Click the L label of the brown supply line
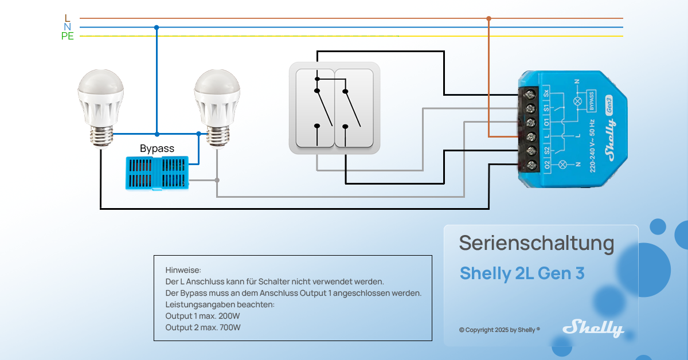tap(68, 18)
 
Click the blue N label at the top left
tap(68, 27)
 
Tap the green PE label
tap(68, 37)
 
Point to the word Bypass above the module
tap(157, 148)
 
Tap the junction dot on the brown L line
tap(488, 18)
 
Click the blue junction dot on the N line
tap(157, 27)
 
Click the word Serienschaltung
tap(536, 243)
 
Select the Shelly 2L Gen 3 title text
tap(522, 273)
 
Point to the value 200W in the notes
tap(229, 316)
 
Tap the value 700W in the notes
tap(229, 327)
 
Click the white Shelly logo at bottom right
tap(593, 328)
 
